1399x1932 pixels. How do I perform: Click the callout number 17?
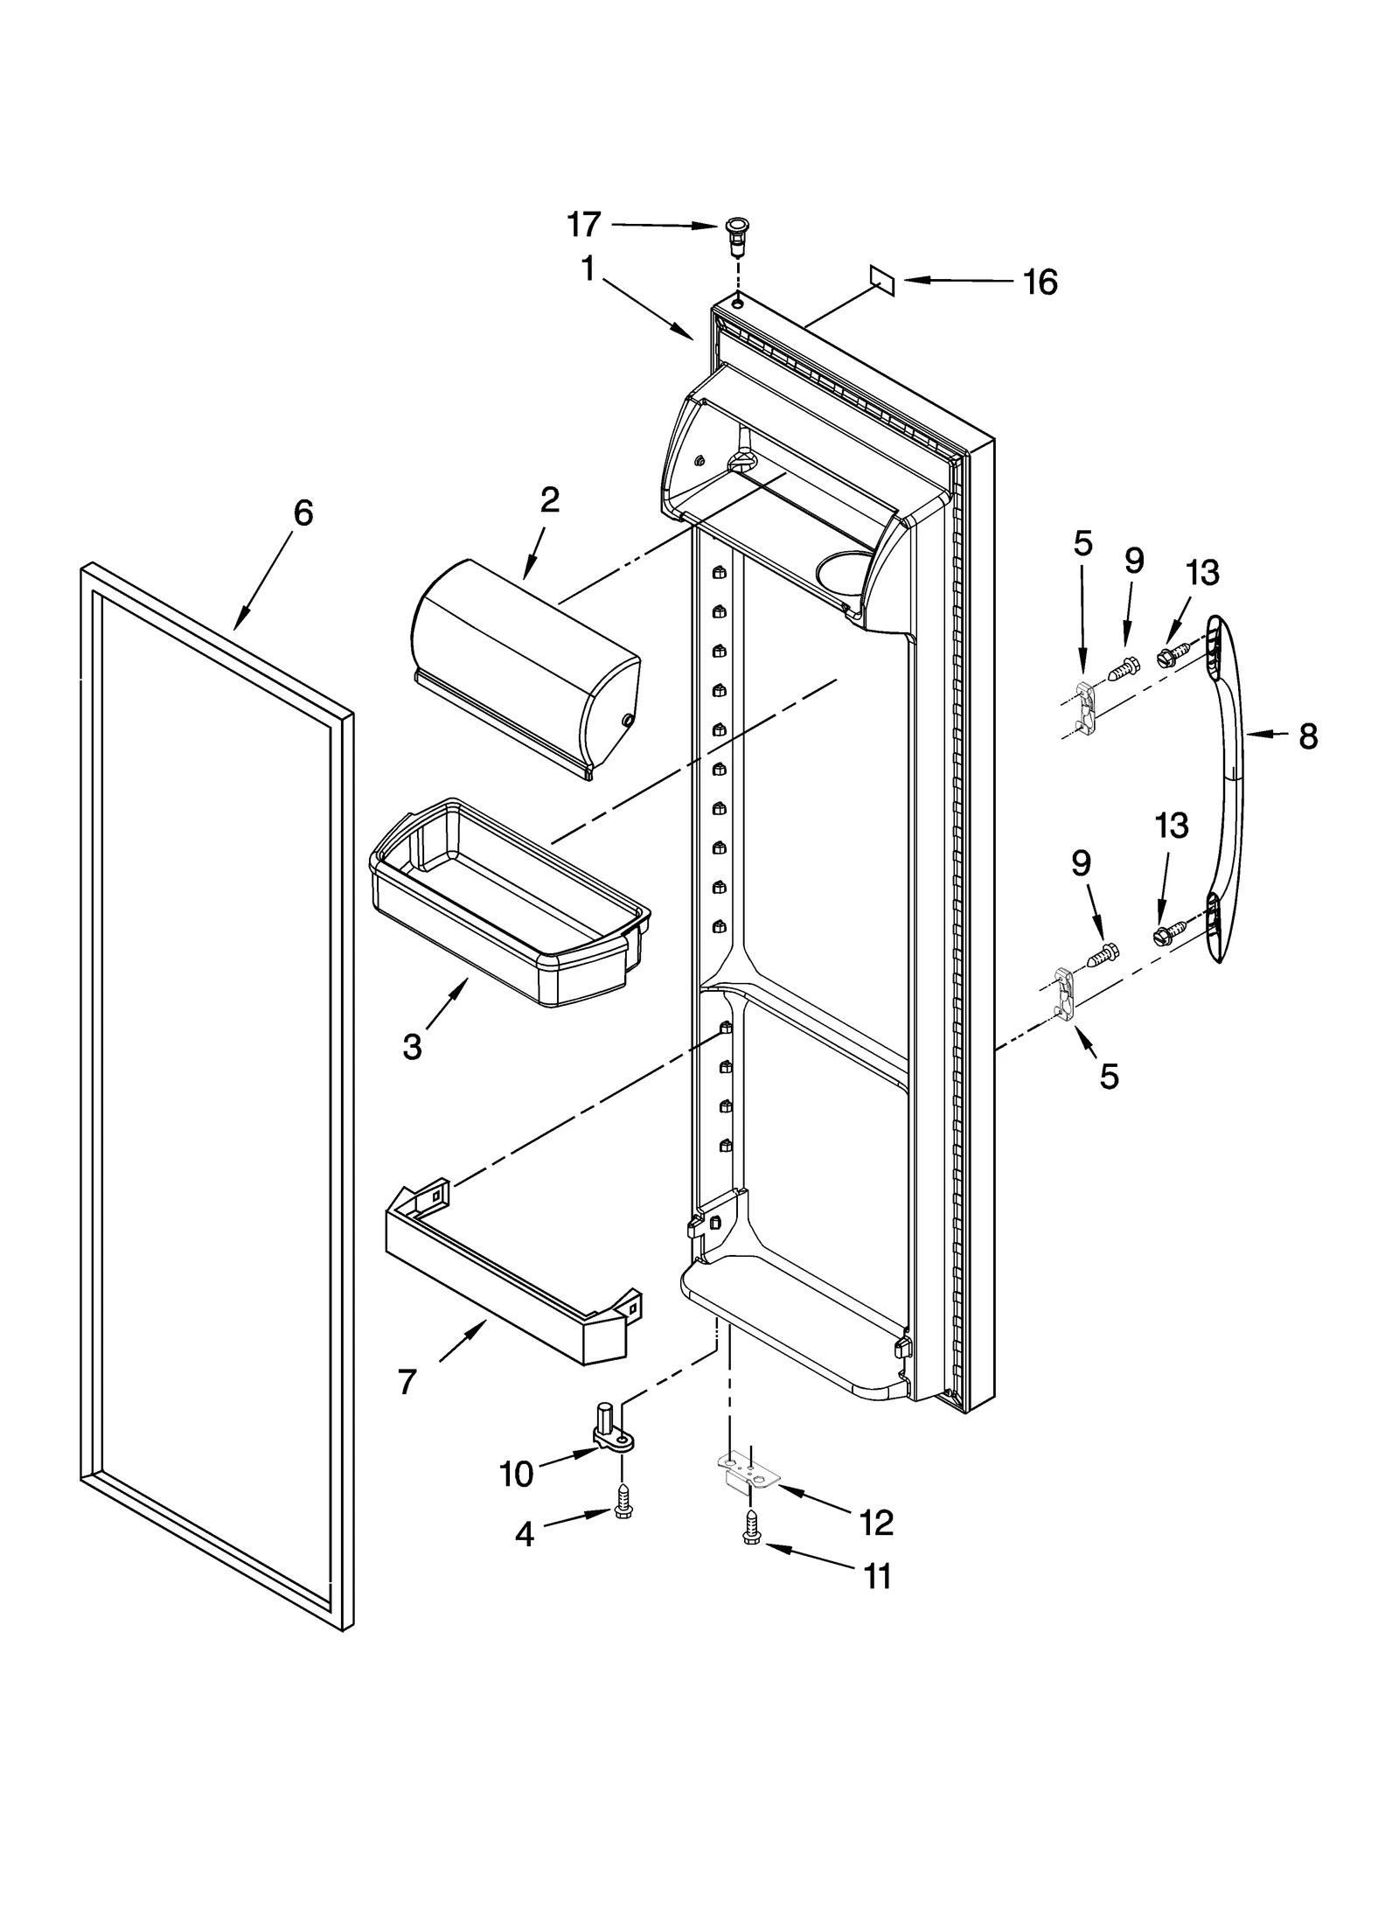584,225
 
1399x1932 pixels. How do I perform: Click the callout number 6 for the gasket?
302,513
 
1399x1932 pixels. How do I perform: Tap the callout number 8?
1307,736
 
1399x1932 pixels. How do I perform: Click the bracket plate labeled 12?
748,1476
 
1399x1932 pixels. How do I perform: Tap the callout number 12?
876,1523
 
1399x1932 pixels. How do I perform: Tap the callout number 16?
1041,282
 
